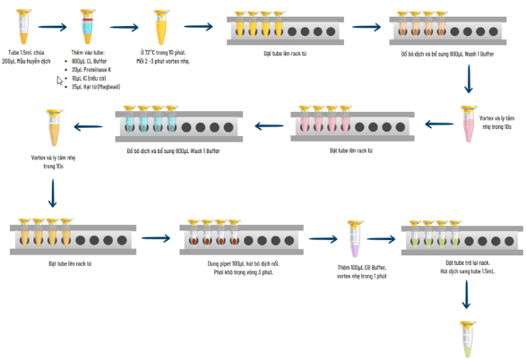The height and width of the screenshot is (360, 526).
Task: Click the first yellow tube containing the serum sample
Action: tap(22, 27)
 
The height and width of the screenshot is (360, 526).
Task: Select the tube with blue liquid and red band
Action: tap(87, 28)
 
